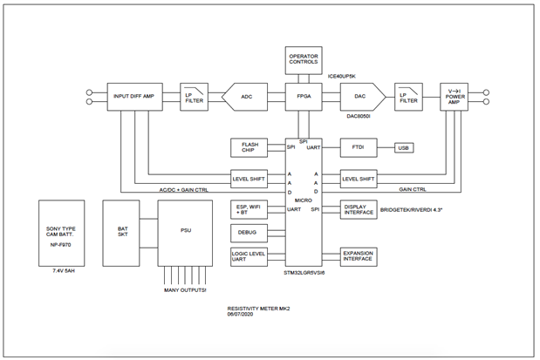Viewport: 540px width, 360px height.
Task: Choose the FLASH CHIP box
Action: point(249,148)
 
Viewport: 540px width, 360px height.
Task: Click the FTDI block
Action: point(359,148)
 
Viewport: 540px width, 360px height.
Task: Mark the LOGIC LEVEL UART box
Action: point(249,256)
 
